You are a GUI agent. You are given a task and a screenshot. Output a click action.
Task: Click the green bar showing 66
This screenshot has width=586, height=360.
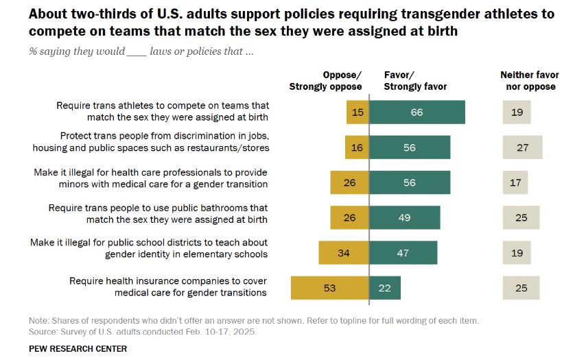(417, 112)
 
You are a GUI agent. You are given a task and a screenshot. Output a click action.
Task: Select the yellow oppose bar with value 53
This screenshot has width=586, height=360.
(330, 287)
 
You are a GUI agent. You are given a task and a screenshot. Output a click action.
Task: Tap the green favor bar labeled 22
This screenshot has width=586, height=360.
(385, 287)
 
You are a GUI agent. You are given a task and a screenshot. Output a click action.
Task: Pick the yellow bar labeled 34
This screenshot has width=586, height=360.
(344, 252)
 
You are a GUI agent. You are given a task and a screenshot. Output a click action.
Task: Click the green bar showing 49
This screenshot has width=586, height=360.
(405, 217)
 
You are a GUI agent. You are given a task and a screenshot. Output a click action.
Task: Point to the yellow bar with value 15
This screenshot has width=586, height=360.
(358, 112)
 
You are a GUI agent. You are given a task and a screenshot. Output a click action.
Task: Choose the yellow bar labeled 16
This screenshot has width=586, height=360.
(357, 147)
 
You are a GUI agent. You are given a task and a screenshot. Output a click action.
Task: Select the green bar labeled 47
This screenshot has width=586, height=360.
(403, 252)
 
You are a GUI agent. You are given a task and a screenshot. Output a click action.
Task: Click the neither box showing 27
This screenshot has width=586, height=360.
(522, 147)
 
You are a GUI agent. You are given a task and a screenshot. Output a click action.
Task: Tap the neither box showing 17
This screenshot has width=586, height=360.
(515, 182)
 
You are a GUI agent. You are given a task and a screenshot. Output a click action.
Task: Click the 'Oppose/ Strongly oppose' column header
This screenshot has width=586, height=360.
(325, 81)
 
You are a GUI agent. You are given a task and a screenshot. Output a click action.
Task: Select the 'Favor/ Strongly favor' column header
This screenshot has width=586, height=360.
(415, 81)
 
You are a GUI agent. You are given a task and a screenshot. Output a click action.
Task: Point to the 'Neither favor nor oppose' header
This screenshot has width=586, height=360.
(529, 81)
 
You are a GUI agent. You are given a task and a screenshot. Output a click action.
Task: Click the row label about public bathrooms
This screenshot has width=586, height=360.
(158, 213)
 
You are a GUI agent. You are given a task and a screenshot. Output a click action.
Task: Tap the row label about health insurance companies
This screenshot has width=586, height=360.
(168, 287)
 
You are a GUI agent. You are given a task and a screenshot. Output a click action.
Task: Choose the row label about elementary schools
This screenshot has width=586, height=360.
(149, 248)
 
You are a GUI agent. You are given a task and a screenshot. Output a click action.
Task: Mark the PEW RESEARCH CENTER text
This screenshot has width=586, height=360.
(78, 348)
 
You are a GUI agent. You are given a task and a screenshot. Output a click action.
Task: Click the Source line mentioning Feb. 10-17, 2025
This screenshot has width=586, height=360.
(143, 332)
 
